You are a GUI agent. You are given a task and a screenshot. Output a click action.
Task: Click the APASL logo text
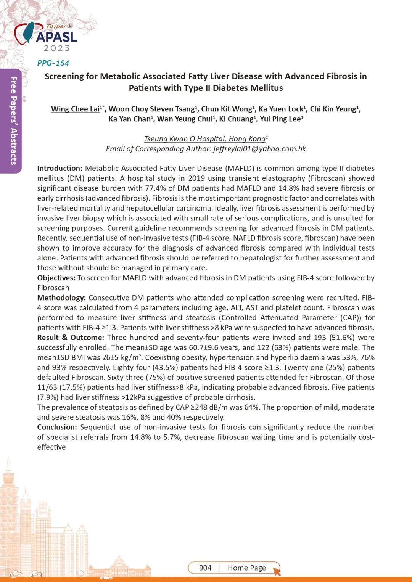pos(57,37)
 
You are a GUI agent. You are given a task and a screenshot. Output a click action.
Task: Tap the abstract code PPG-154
pos(53,63)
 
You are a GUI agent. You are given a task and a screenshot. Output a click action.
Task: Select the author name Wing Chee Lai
pos(75,109)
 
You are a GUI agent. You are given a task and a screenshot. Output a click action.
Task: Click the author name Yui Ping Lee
pos(280,119)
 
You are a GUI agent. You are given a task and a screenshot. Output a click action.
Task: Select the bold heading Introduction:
pos(60,168)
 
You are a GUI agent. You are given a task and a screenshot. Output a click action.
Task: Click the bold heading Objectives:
pos(56,278)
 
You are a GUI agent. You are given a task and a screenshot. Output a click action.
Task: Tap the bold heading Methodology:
pos(61,297)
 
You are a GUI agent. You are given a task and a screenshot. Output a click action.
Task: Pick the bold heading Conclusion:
pos(57,427)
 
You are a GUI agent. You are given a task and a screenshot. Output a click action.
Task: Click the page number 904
pos(205,568)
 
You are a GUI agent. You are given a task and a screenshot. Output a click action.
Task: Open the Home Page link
pos(246,568)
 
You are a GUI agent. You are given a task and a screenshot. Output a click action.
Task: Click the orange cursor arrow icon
pos(277,571)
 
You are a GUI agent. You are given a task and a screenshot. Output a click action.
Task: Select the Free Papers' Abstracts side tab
pos(13,121)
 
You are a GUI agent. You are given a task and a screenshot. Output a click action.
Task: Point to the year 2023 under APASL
pos(57,48)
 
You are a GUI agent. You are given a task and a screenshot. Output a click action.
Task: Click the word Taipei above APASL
pos(56,27)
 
